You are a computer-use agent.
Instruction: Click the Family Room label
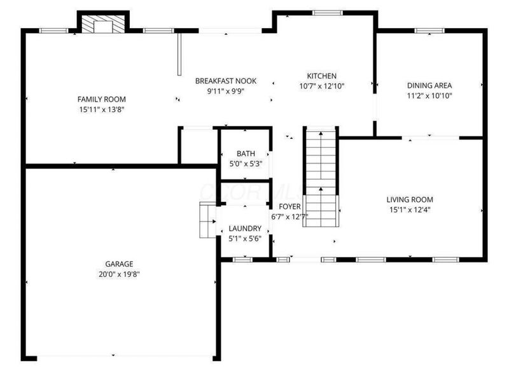(x=102, y=99)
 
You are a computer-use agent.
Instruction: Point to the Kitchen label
(x=321, y=76)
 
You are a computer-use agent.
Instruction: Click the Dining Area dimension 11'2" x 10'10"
(x=430, y=95)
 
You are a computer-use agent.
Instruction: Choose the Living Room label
(x=410, y=199)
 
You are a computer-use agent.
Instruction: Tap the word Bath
(x=246, y=153)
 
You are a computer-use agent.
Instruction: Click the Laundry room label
(x=245, y=229)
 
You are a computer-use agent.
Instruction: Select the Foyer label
(x=289, y=206)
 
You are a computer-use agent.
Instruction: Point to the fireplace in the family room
(x=102, y=25)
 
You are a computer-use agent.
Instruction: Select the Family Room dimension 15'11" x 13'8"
(x=102, y=110)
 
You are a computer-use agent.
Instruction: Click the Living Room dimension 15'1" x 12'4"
(x=410, y=209)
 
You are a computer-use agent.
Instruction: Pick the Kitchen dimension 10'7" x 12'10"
(x=321, y=86)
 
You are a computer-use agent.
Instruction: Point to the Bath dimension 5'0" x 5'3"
(x=246, y=164)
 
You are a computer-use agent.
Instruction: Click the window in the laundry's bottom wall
(x=242, y=259)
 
